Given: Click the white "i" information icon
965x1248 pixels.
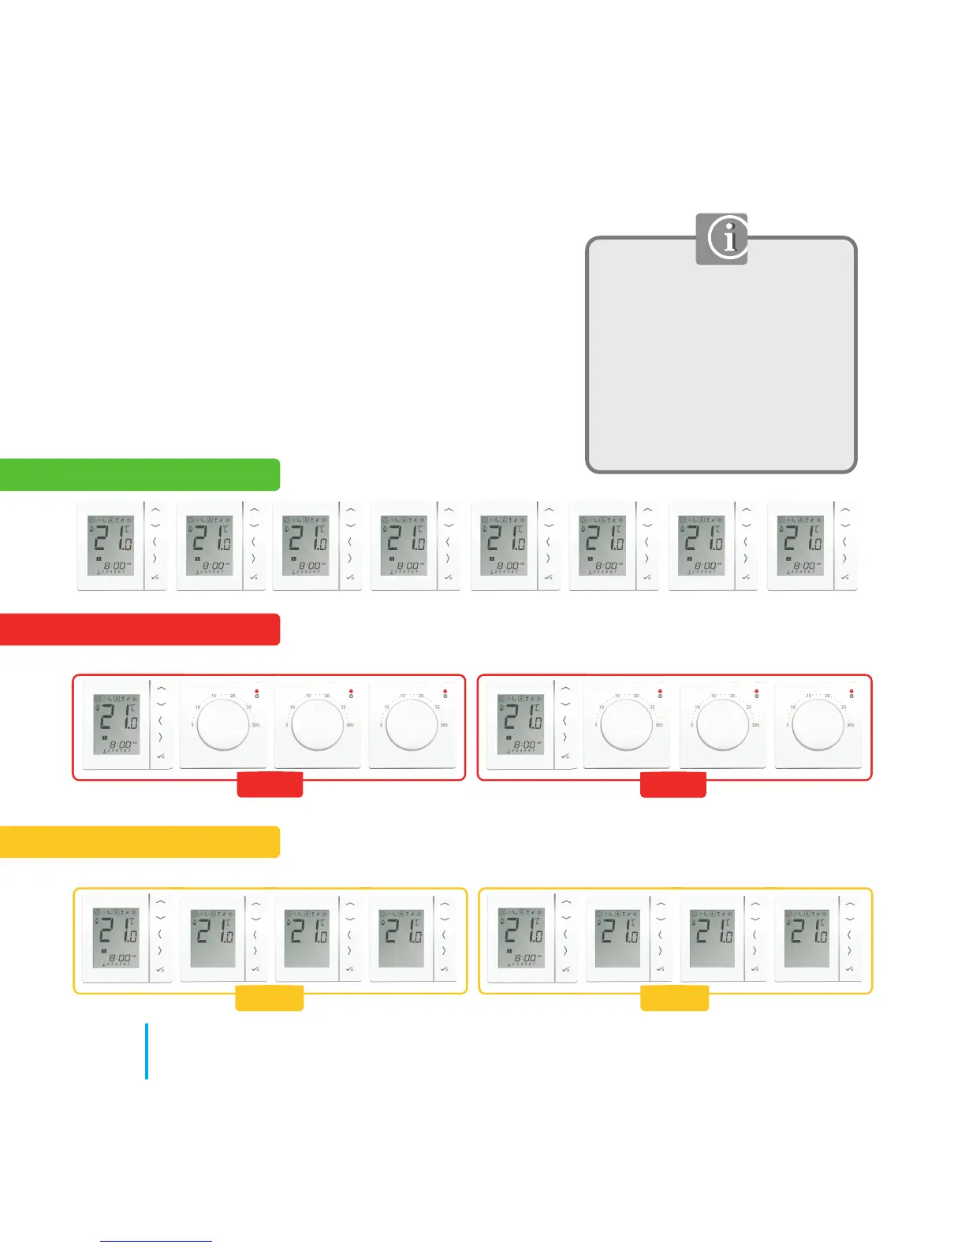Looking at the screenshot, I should [728, 237].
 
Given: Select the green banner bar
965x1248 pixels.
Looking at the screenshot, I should [140, 475].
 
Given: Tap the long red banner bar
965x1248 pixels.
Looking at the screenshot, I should [140, 630].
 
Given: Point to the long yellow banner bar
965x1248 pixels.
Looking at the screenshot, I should [140, 841].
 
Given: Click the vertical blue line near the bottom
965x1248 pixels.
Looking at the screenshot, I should [147, 1051].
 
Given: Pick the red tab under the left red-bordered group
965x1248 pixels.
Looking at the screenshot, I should [270, 786].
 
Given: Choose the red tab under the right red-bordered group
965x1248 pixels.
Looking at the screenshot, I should [673, 786].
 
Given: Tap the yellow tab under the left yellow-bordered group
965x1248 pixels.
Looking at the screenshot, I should [270, 998].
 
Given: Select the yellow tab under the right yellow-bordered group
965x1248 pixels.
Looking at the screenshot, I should [674, 998].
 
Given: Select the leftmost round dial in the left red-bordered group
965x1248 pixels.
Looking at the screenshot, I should [222, 724].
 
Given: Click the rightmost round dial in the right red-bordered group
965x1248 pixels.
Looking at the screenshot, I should [818, 724].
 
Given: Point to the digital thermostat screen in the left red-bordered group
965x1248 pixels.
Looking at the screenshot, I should [117, 724].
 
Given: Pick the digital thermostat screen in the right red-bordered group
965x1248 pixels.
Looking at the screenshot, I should [520, 724].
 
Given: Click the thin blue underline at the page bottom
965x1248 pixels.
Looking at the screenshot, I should [156, 1241].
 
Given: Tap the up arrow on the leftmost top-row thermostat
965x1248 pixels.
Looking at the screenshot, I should [156, 510].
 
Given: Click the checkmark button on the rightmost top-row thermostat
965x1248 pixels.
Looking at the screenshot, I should [845, 578].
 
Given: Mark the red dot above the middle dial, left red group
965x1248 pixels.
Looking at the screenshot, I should [351, 691].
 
